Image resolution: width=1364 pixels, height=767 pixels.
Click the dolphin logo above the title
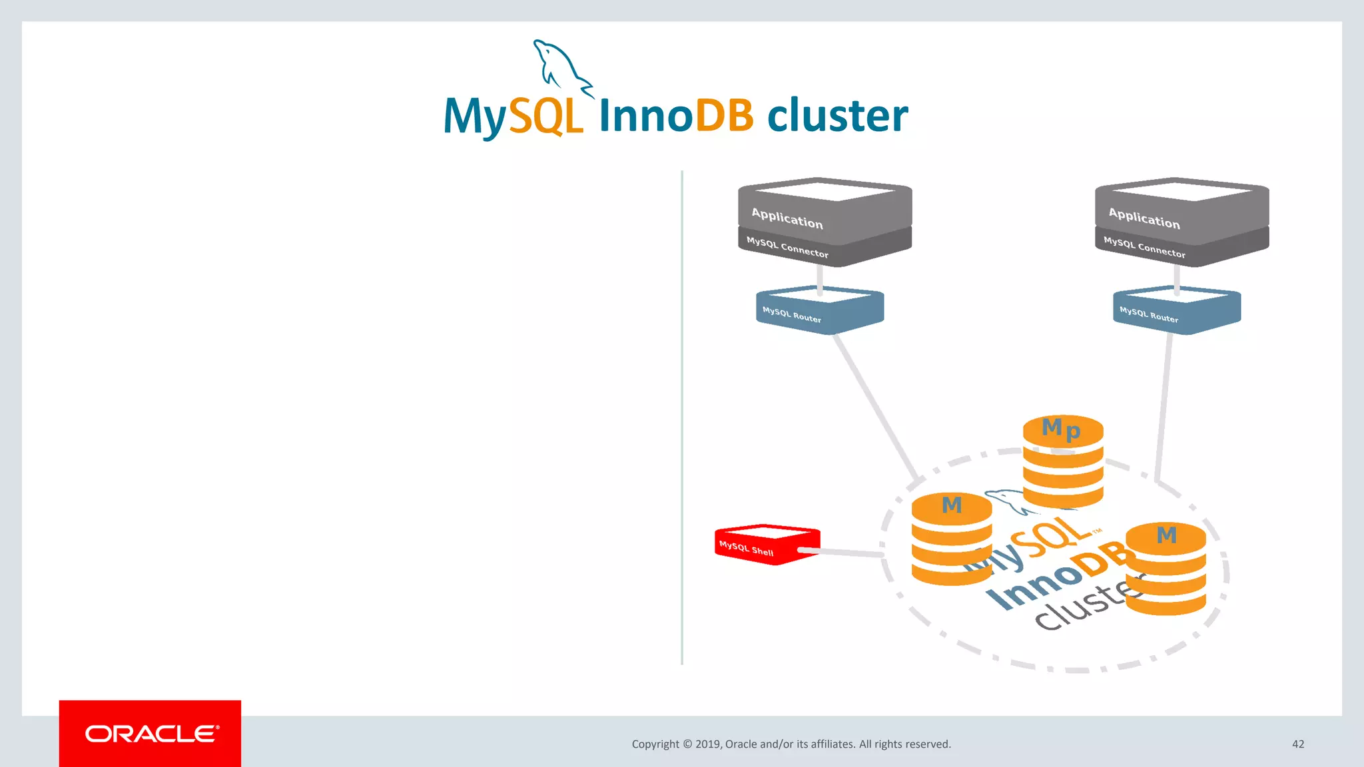[561, 67]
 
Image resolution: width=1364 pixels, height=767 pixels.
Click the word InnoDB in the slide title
[676, 116]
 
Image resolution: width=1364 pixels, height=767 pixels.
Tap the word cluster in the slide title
[837, 116]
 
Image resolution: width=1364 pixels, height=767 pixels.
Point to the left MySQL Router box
[820, 310]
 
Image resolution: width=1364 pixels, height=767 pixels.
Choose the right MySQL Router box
[1177, 310]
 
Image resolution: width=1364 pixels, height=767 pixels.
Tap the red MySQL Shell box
[766, 545]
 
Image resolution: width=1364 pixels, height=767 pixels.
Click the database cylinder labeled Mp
[1063, 461]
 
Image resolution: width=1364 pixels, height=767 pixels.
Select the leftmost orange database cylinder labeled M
[952, 539]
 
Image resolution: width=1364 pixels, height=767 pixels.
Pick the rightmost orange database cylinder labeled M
[1166, 569]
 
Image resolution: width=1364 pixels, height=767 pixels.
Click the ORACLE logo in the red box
[151, 734]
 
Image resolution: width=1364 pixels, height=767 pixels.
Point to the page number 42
[1297, 744]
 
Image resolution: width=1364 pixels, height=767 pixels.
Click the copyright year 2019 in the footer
[708, 744]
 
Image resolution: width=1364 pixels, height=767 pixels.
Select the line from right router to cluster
[1164, 406]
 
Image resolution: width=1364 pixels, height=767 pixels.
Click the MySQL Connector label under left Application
[787, 247]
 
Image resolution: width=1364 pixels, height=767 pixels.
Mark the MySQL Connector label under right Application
[1144, 247]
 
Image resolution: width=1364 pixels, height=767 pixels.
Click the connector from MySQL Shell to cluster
[846, 552]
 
